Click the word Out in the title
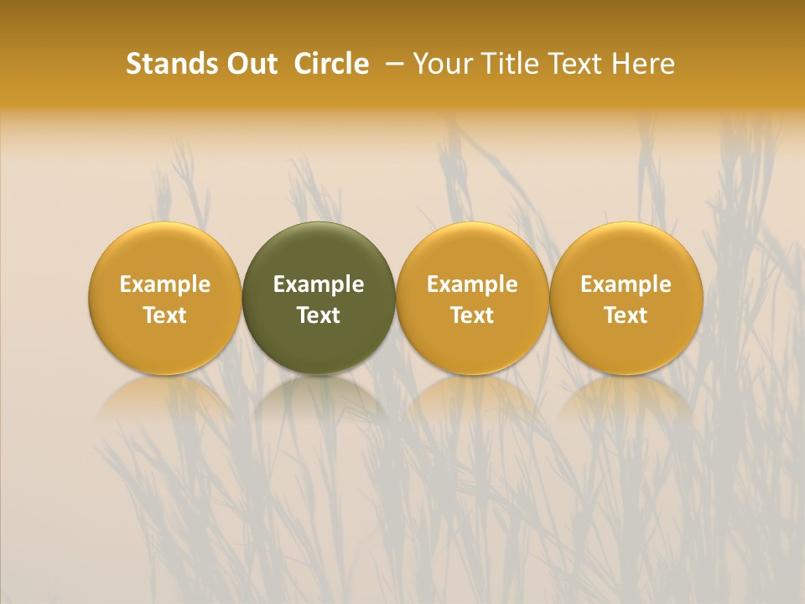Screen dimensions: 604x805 pyautogui.click(x=249, y=64)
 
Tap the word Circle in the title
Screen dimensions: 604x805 pyautogui.click(x=331, y=64)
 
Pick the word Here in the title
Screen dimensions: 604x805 pyautogui.click(x=643, y=64)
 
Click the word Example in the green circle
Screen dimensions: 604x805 pyautogui.click(x=319, y=284)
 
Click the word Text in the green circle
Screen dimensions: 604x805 pyautogui.click(x=319, y=315)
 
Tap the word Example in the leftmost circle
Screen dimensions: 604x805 pyautogui.click(x=164, y=284)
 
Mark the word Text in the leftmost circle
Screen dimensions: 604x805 pyautogui.click(x=164, y=315)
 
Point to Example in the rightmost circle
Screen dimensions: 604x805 pyautogui.click(x=626, y=284)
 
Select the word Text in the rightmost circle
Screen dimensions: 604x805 pyautogui.click(x=626, y=315)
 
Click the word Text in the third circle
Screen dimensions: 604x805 pyautogui.click(x=472, y=315)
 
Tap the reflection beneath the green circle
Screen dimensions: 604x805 pyautogui.click(x=319, y=398)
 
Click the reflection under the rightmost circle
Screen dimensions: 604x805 pyautogui.click(x=626, y=398)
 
